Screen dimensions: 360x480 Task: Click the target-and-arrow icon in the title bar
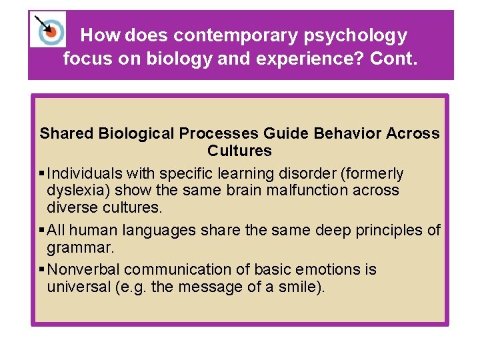(x=48, y=29)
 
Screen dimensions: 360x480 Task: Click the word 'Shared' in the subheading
(x=67, y=133)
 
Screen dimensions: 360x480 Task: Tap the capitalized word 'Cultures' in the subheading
(x=239, y=150)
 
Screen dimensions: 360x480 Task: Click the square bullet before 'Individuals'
(x=42, y=174)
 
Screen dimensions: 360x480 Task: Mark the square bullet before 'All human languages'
(x=42, y=231)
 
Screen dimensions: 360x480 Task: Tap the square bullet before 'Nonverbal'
(x=42, y=270)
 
